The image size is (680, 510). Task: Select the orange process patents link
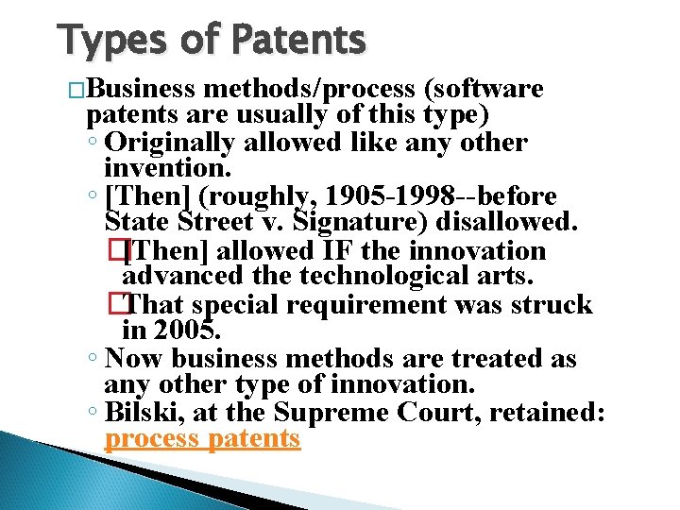202,439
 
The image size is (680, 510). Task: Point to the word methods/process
309,90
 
